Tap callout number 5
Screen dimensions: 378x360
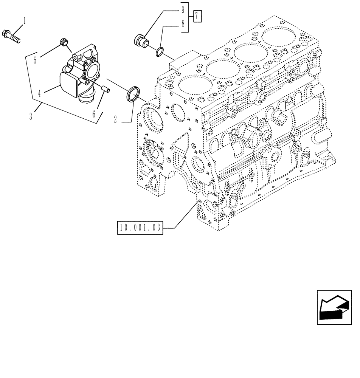point(35,60)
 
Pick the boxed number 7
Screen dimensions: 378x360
point(197,16)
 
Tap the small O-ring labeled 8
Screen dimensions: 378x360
point(160,51)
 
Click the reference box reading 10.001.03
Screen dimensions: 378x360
point(140,228)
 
